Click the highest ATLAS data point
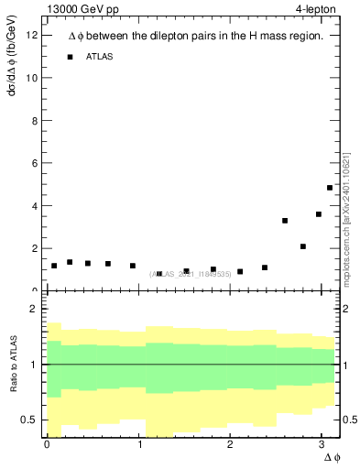coord(330,188)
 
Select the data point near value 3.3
coord(285,221)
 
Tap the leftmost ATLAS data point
coord(54,266)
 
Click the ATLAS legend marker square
coord(70,57)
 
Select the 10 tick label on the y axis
coord(32,78)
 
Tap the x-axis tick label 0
coord(47,444)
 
